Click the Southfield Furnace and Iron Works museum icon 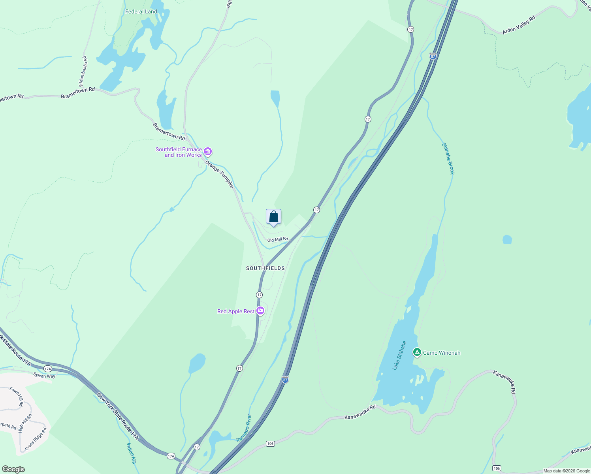(x=208, y=152)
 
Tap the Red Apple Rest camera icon (x=260, y=311)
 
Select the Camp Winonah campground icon (x=417, y=352)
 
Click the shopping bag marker (x=273, y=217)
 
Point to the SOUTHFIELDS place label (x=265, y=268)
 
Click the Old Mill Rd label (x=278, y=240)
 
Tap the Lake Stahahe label (x=399, y=355)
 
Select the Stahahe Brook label (x=448, y=158)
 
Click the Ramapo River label (x=244, y=428)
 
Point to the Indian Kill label (x=131, y=453)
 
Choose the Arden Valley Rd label (x=519, y=25)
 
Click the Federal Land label (x=141, y=11)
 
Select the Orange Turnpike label (x=220, y=174)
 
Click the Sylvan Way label (x=44, y=376)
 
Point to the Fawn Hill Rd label (x=17, y=397)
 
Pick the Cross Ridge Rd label (x=36, y=439)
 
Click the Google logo (x=13, y=469)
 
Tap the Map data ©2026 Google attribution (x=567, y=471)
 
